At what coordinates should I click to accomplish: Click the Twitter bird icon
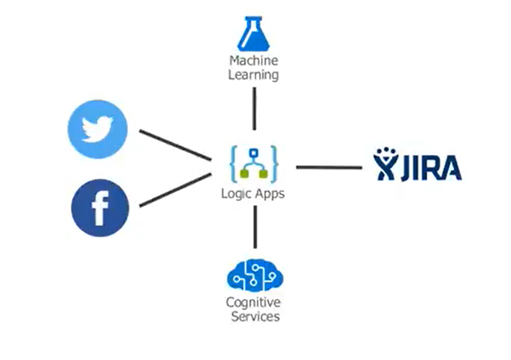tap(97, 130)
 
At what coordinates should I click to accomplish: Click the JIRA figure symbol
tap(387, 166)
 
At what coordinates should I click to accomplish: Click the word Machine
tap(254, 61)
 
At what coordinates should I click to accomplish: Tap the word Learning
tap(254, 75)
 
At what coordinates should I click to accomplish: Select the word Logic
tap(236, 194)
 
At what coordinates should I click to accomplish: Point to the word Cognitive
tap(253, 303)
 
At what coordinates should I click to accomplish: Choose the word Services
tap(253, 316)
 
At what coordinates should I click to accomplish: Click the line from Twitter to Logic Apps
tap(175, 145)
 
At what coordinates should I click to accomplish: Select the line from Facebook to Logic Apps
tap(175, 189)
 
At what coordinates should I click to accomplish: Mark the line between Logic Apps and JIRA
tap(329, 166)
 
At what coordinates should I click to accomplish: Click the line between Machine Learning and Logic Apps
tap(254, 108)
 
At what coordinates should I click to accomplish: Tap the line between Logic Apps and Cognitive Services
tap(254, 225)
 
